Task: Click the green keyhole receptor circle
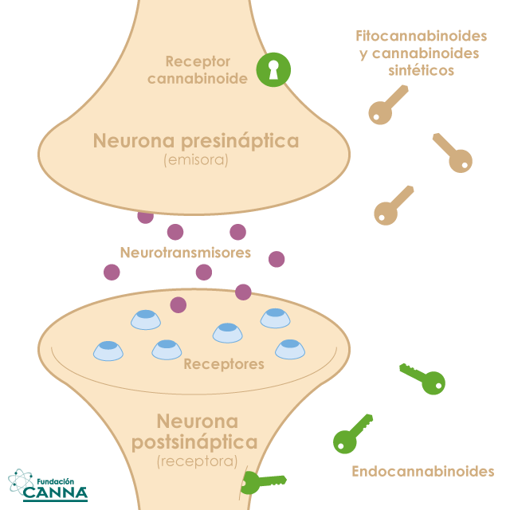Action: click(x=273, y=69)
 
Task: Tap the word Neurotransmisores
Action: click(x=186, y=253)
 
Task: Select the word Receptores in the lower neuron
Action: click(x=224, y=364)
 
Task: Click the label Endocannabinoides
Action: click(x=423, y=471)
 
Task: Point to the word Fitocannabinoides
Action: click(x=422, y=36)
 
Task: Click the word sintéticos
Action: click(x=422, y=70)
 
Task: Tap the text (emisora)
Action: click(x=196, y=159)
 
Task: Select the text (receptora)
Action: click(x=197, y=461)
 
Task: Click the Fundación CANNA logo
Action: click(x=48, y=485)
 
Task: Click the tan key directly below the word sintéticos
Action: click(x=388, y=104)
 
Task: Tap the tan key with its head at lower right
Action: click(x=453, y=152)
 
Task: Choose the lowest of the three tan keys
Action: click(x=394, y=206)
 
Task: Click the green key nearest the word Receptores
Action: click(x=422, y=379)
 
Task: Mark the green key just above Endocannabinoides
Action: click(x=353, y=433)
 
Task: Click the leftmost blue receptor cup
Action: click(x=108, y=351)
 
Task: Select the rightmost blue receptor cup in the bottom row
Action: click(x=290, y=349)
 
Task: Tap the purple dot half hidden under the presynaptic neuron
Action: click(x=145, y=218)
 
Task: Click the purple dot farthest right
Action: click(x=277, y=259)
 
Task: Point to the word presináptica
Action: click(x=240, y=142)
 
